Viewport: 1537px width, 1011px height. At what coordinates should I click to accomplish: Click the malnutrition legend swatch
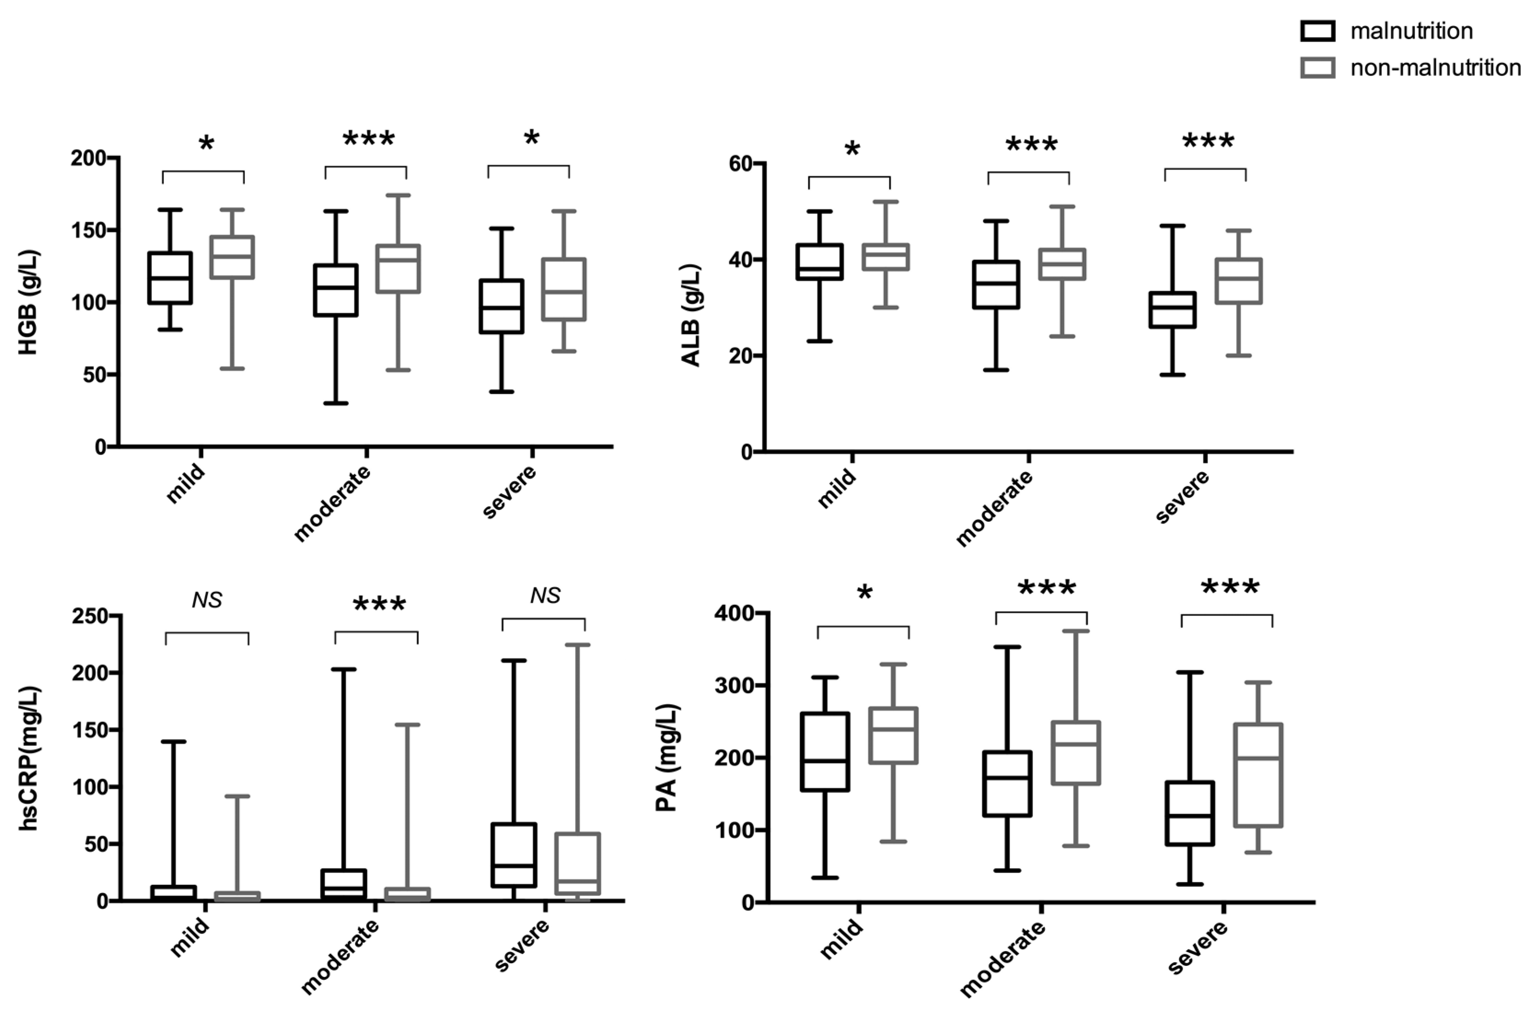pos(1317,31)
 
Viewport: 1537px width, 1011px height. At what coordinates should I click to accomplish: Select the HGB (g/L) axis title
pos(29,302)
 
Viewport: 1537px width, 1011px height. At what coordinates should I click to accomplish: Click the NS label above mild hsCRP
pos(207,601)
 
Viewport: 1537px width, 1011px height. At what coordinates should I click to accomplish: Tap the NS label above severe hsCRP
pos(545,595)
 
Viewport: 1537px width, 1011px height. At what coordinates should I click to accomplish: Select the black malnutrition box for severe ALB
pos(1172,310)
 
